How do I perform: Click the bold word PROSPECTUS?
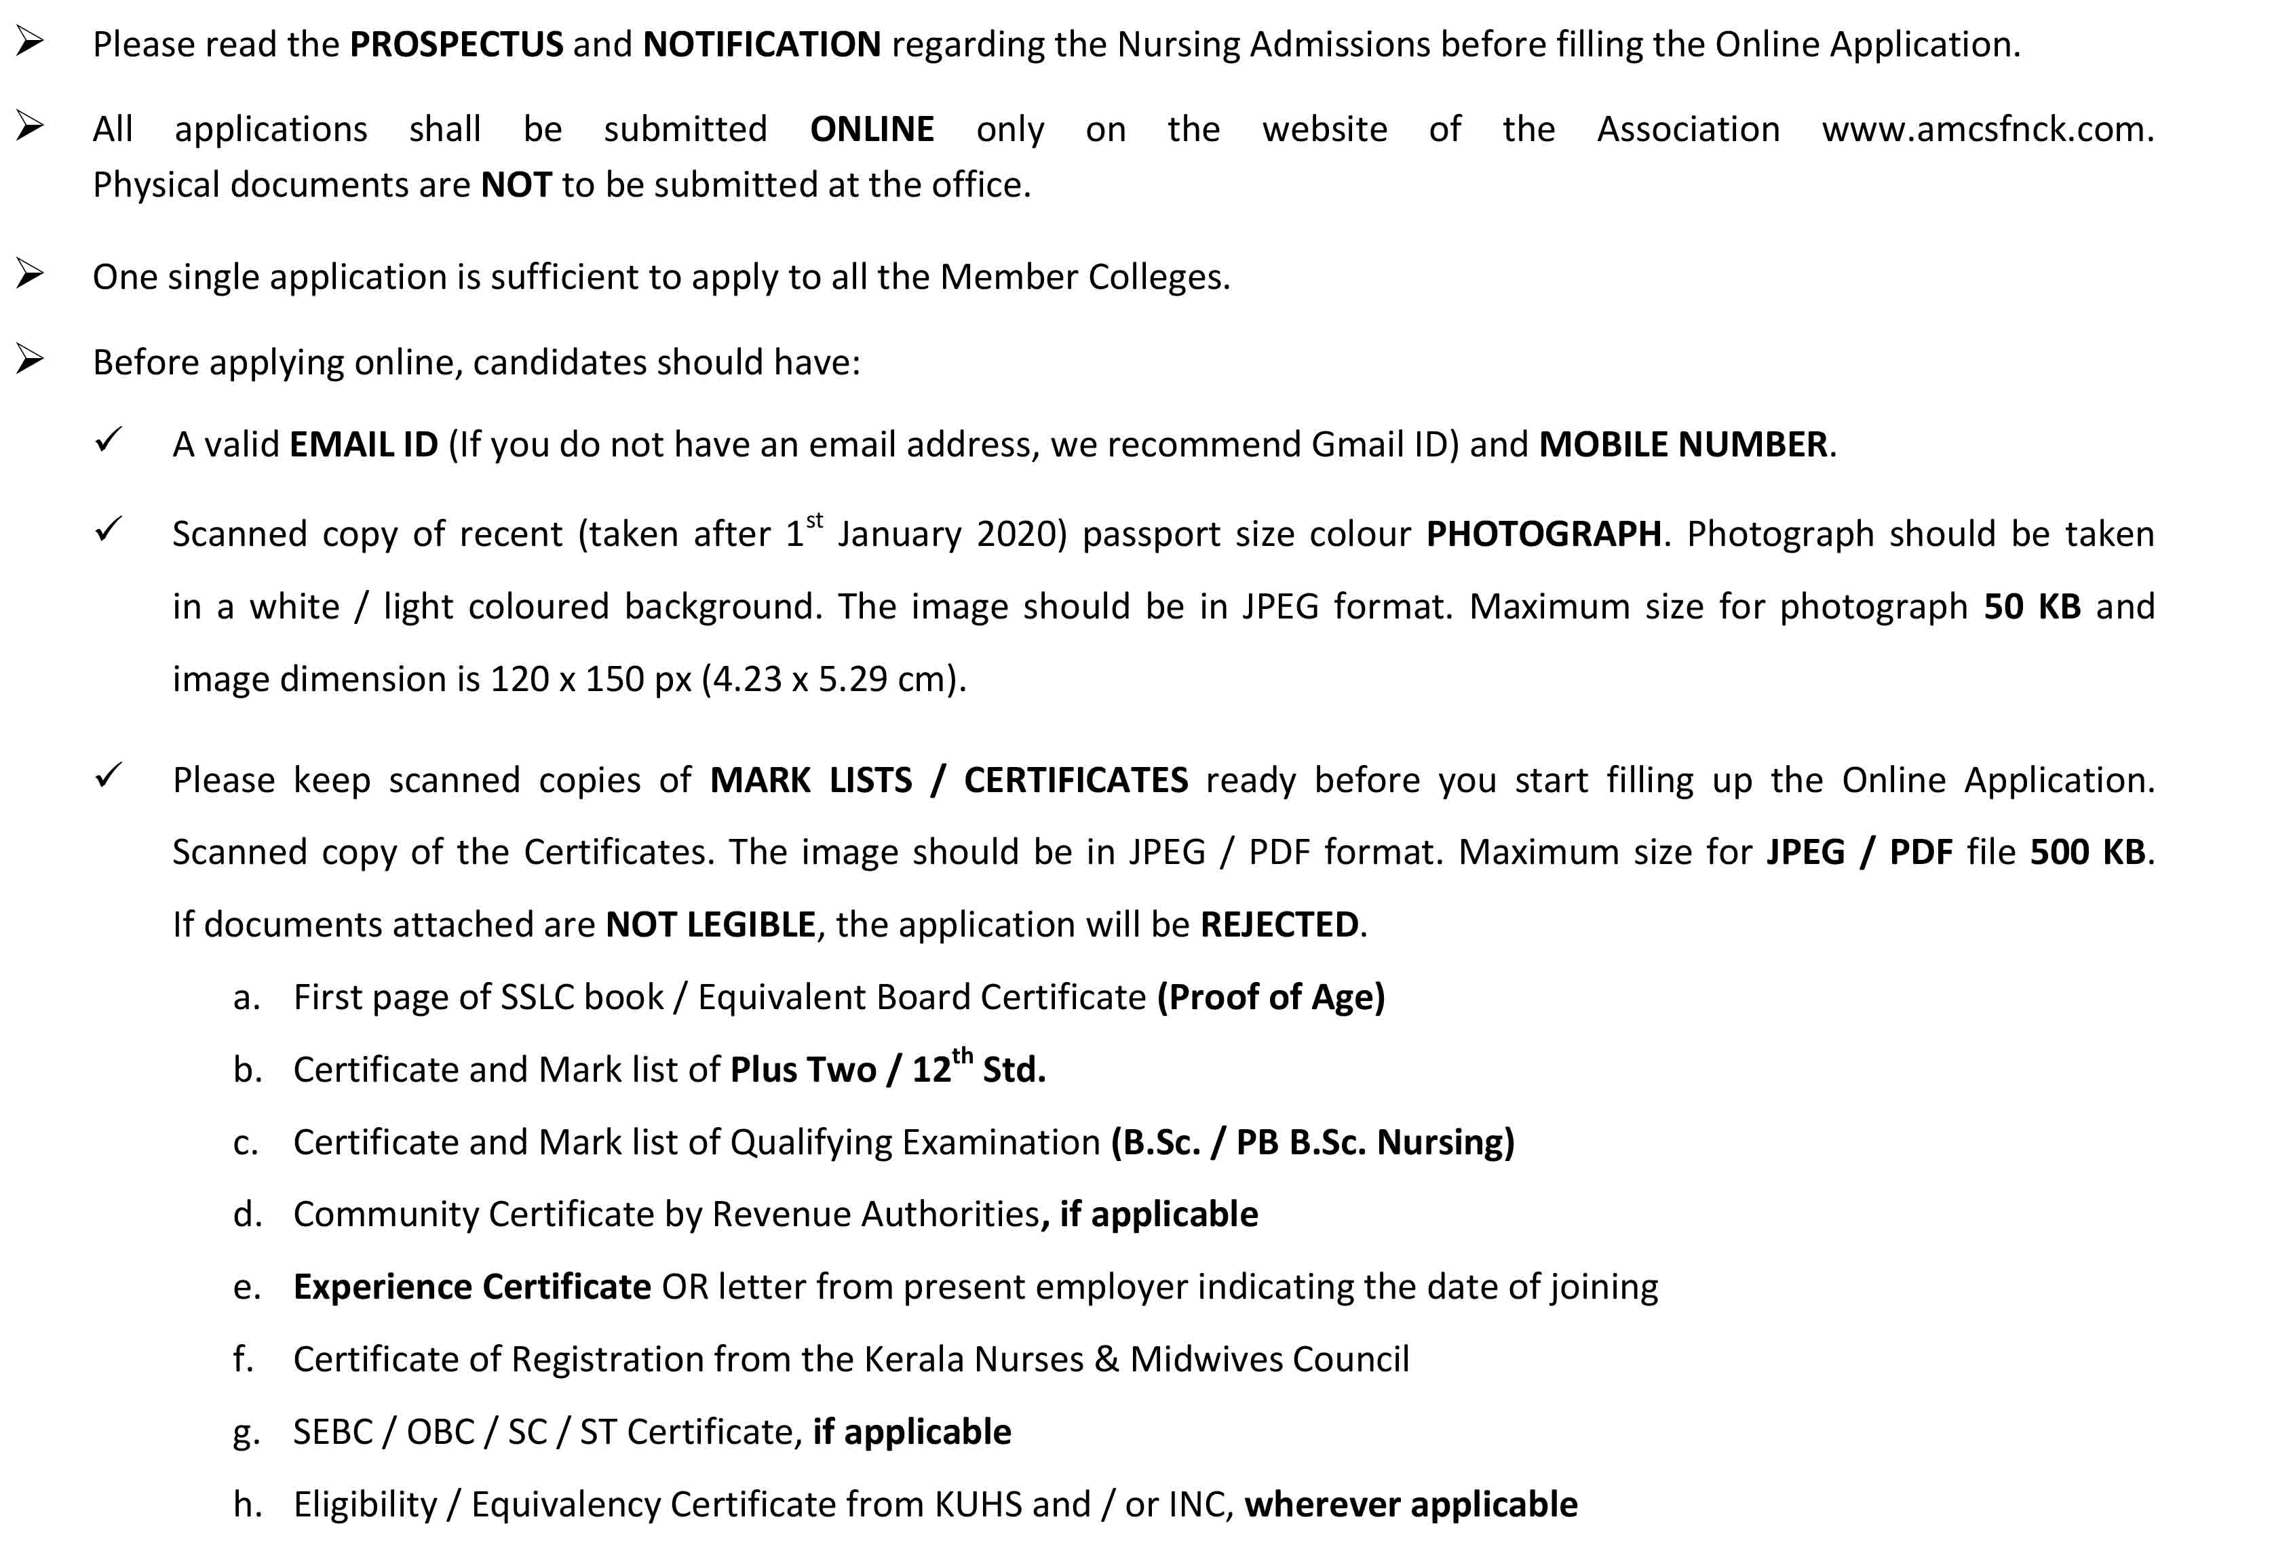pos(456,45)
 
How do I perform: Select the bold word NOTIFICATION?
pos(762,45)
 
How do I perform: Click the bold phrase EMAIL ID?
pos(364,446)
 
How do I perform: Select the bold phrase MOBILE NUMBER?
pos(1682,446)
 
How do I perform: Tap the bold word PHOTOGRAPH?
pos(1543,534)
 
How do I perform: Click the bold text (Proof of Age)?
pos(1270,998)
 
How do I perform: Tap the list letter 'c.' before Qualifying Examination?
pos(246,1143)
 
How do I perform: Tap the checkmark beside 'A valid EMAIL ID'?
pos(108,441)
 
